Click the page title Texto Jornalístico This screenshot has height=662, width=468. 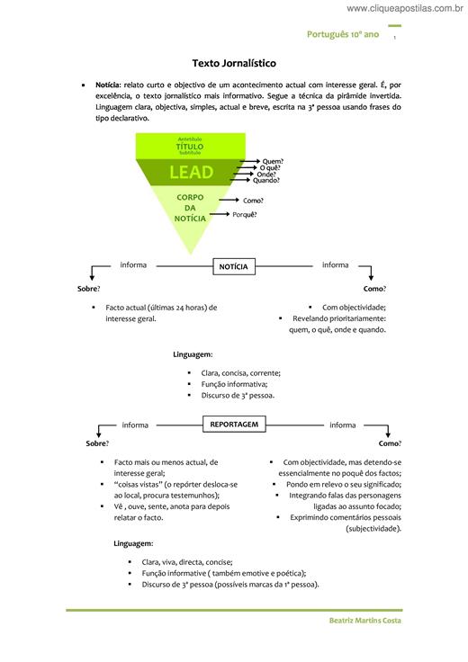pyautogui.click(x=234, y=63)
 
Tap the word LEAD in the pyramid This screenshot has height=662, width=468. pyautogui.click(x=192, y=173)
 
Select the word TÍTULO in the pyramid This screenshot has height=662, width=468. pyautogui.click(x=190, y=147)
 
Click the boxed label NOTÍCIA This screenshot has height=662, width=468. pyautogui.click(x=234, y=266)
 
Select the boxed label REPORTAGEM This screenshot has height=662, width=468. pyautogui.click(x=234, y=424)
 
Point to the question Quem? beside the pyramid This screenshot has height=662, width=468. pyautogui.click(x=273, y=161)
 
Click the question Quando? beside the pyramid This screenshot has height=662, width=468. pyautogui.click(x=266, y=180)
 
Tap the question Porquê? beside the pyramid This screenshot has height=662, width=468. pyautogui.click(x=245, y=214)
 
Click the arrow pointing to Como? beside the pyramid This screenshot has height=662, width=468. pyautogui.click(x=229, y=200)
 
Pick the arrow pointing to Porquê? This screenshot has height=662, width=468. pyautogui.click(x=220, y=214)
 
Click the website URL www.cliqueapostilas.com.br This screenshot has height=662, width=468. pyautogui.click(x=405, y=8)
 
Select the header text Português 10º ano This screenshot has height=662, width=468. pyautogui.click(x=343, y=34)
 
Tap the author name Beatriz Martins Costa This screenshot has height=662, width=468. pyautogui.click(x=364, y=621)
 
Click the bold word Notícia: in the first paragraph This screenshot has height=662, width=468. pyautogui.click(x=108, y=85)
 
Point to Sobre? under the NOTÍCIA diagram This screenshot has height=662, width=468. pyautogui.click(x=89, y=289)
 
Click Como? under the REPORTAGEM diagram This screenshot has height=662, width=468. pyautogui.click(x=390, y=443)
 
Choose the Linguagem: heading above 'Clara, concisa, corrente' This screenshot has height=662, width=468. pyautogui.click(x=193, y=354)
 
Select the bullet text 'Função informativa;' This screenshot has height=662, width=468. pyautogui.click(x=234, y=384)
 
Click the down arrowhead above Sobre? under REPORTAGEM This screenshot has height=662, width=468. pyautogui.click(x=98, y=434)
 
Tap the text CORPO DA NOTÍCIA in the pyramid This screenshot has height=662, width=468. pyautogui.click(x=190, y=208)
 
